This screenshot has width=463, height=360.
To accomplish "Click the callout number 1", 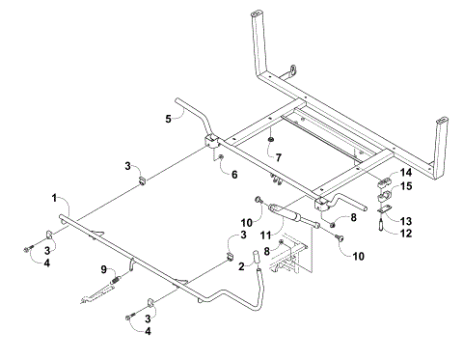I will click(55, 197).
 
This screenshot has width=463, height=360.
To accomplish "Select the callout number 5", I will click(168, 118).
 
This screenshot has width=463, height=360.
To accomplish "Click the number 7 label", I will click(278, 156).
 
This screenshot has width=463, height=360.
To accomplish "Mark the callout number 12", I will click(406, 233).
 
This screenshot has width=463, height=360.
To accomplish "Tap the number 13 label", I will click(406, 220).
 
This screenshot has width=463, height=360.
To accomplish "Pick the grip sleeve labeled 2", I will click(258, 258).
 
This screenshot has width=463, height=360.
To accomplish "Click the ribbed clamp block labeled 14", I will click(383, 180).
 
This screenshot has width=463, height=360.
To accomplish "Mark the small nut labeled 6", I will click(221, 157).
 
